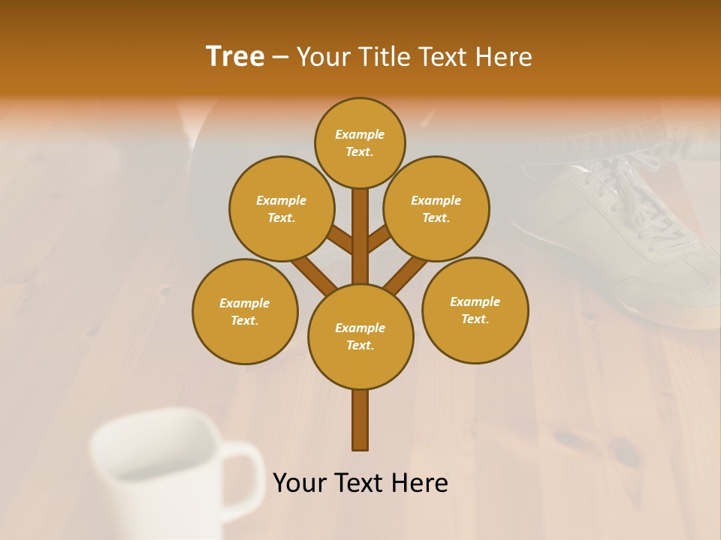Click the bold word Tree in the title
(x=235, y=56)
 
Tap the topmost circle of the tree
(x=360, y=142)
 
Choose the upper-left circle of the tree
(x=282, y=208)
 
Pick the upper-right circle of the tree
(x=436, y=208)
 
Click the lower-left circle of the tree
(x=245, y=311)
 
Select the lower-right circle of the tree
(x=475, y=310)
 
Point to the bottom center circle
(x=360, y=336)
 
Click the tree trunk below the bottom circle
(x=360, y=420)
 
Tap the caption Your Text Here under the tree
(x=360, y=483)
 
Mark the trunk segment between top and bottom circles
(x=360, y=236)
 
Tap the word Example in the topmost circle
(x=360, y=134)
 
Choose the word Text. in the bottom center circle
(x=360, y=345)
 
